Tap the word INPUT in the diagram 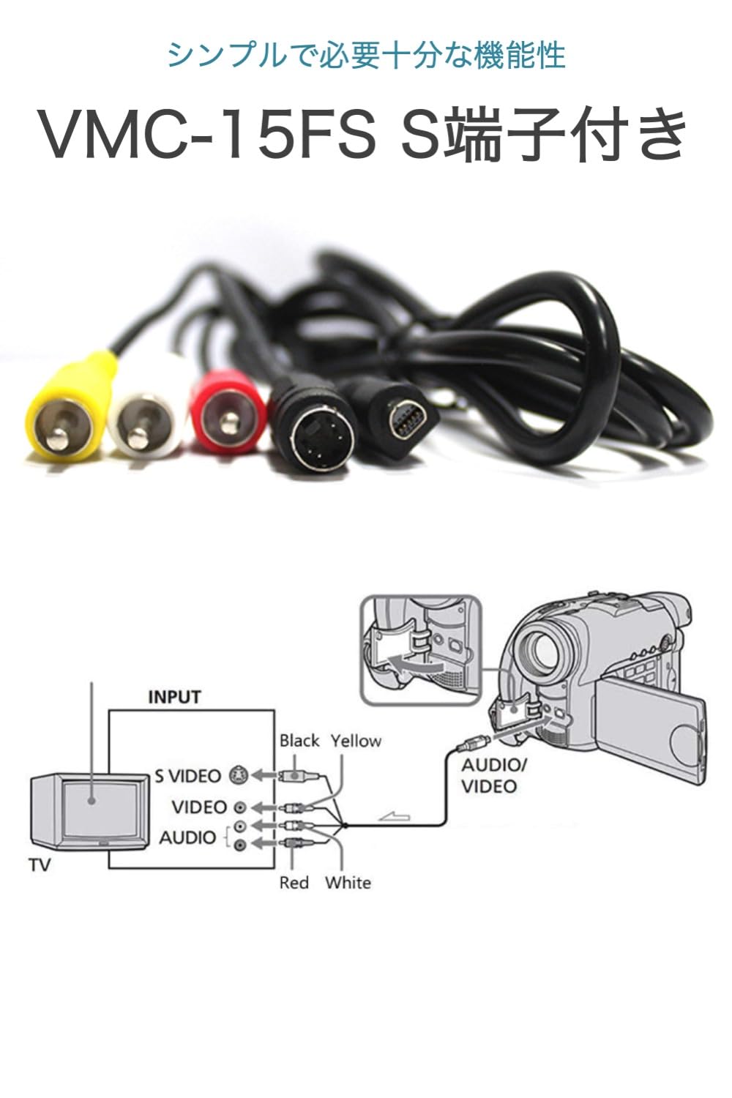174,696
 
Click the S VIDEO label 187,775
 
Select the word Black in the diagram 299,741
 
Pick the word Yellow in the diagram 356,741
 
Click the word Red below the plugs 294,883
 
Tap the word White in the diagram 348,883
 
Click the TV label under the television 40,865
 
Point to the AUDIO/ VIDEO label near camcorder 493,776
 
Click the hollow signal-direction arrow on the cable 396,816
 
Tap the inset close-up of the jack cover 421,651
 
